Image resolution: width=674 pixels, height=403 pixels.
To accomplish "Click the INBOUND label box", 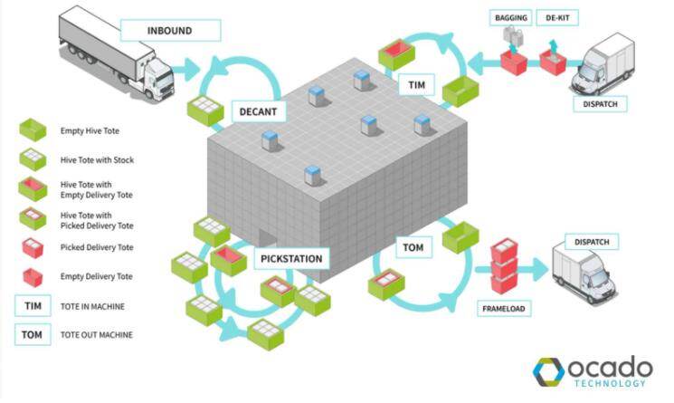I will point(169,31).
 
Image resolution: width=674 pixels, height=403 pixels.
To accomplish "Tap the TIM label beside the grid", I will point(416,86).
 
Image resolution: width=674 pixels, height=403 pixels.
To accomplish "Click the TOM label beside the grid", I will point(411,245).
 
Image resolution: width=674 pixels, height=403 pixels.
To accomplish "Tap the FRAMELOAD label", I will point(505,307).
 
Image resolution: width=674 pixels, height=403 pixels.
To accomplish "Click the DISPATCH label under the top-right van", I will point(599,104).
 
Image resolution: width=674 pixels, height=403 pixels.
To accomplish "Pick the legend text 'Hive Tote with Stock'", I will point(95,161).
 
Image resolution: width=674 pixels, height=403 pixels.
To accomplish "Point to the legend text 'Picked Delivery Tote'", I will point(97,247).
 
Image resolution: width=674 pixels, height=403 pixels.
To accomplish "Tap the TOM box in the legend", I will point(32,335).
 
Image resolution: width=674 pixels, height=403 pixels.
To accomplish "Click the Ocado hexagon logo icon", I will point(547,371).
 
